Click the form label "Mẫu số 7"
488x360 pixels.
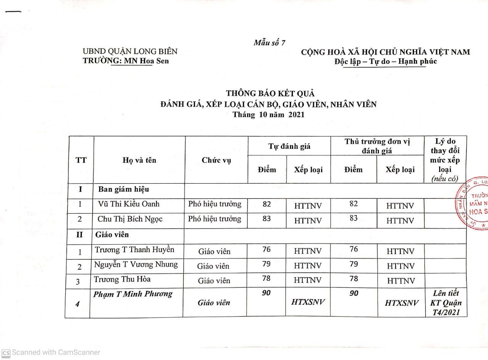270,43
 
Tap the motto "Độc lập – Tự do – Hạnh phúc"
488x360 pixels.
385,61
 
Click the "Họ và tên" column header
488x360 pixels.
139,160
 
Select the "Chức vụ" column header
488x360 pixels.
216,160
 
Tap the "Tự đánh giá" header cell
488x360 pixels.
289,146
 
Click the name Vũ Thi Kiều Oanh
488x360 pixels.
128,204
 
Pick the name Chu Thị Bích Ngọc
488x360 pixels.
130,219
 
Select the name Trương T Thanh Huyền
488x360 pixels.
135,250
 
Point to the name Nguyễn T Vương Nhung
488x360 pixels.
136,264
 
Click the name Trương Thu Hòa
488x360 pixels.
122,279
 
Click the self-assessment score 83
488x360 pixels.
267,218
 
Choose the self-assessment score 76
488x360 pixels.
267,250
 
